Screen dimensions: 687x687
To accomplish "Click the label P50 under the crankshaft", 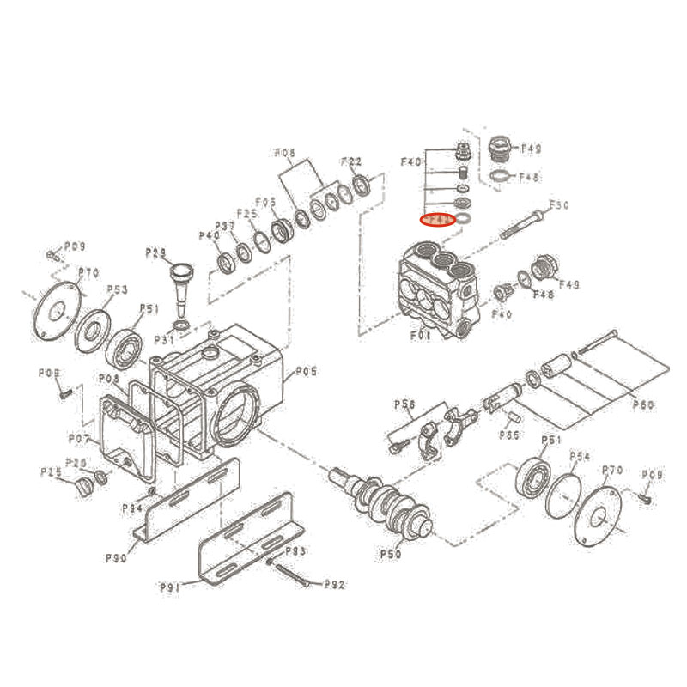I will pyautogui.click(x=392, y=554).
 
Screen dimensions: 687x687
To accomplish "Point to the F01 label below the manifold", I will pyautogui.click(x=421, y=336).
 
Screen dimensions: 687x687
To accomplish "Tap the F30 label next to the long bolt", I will pyautogui.click(x=559, y=205).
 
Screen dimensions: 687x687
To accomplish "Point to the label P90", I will pyautogui.click(x=117, y=558).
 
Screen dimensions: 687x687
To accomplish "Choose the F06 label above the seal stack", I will pyautogui.click(x=285, y=154).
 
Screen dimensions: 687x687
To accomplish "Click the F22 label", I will pyautogui.click(x=351, y=161).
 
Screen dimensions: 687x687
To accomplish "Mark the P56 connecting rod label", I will pyautogui.click(x=404, y=404).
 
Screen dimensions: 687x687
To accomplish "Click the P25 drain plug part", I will pyautogui.click(x=83, y=489).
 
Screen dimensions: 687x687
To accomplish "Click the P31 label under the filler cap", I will pyautogui.click(x=164, y=340).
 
